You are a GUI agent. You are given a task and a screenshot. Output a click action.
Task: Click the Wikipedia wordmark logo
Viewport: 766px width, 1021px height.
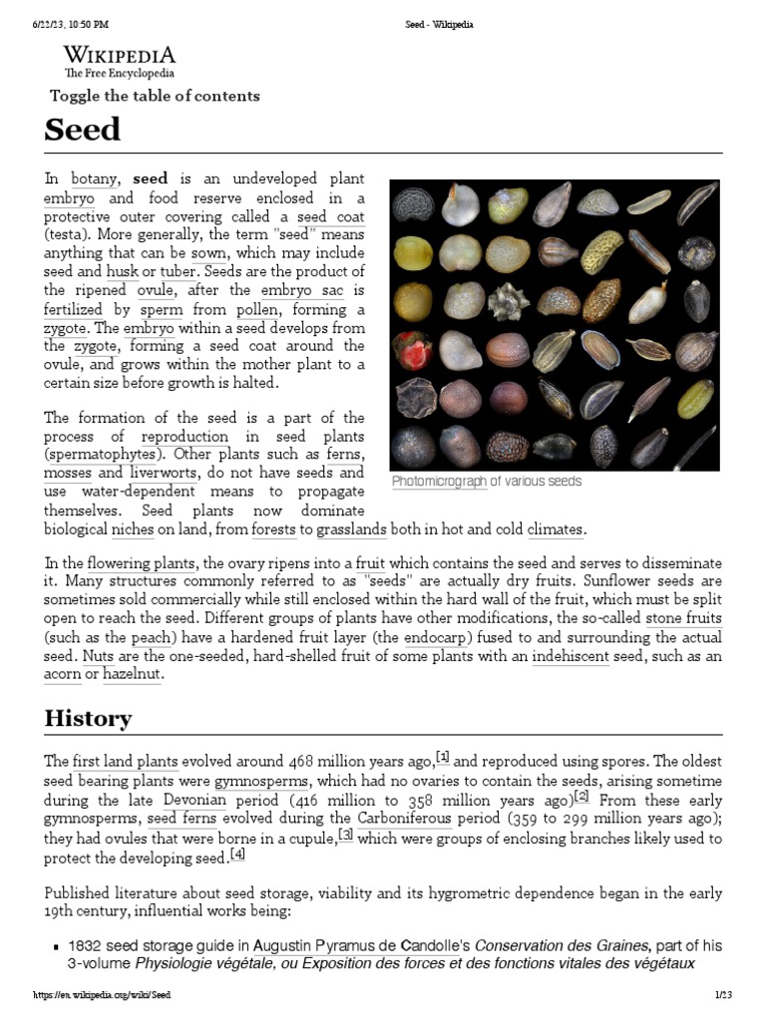(x=119, y=56)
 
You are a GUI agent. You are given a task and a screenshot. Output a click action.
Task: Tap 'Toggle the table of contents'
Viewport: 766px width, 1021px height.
(x=155, y=96)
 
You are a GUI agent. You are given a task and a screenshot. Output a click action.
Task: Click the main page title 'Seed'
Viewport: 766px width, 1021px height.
(x=82, y=130)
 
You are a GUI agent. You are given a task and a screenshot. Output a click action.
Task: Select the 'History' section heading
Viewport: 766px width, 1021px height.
(x=88, y=718)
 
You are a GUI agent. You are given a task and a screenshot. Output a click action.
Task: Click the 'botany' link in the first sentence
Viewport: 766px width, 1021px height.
(x=95, y=179)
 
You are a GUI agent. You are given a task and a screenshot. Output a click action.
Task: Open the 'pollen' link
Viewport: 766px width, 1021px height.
(x=259, y=309)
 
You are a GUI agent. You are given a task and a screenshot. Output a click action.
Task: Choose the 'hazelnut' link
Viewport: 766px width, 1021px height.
(x=133, y=675)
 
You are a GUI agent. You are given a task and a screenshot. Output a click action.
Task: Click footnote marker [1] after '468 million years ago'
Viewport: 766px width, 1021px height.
(x=443, y=756)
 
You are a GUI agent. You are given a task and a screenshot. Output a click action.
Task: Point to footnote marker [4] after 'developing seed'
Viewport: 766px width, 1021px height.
(x=237, y=854)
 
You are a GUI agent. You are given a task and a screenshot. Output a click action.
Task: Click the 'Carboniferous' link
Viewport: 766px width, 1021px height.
(x=405, y=820)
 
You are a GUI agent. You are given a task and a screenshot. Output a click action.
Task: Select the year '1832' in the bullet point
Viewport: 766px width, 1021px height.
(x=84, y=945)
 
